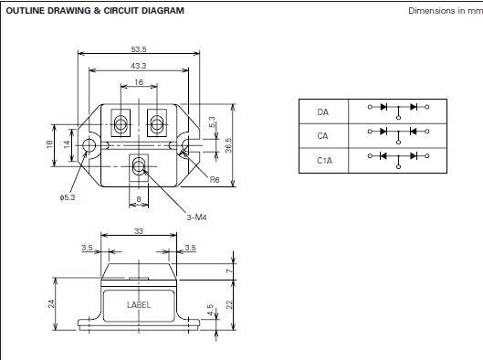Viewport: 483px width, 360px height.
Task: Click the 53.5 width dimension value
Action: pyautogui.click(x=139, y=49)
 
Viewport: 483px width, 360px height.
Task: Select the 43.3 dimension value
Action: pyautogui.click(x=138, y=66)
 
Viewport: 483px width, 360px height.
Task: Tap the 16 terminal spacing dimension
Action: pyautogui.click(x=139, y=82)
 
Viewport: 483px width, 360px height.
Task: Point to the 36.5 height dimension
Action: pyautogui.click(x=228, y=145)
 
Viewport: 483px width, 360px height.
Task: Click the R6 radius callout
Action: pyautogui.click(x=215, y=180)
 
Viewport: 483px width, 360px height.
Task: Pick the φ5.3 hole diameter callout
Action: pyautogui.click(x=68, y=197)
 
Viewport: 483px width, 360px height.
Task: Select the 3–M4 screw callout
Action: pyautogui.click(x=196, y=217)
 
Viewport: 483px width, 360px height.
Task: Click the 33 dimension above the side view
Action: pyautogui.click(x=139, y=231)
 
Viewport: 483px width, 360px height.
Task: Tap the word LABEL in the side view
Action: pyautogui.click(x=139, y=305)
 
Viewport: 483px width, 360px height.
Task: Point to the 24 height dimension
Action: pyautogui.click(x=51, y=303)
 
